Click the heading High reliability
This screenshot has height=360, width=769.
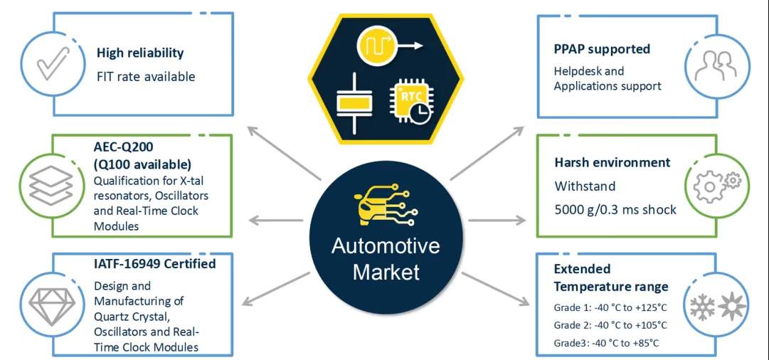click(x=140, y=53)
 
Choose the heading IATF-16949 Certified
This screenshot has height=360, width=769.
click(x=155, y=264)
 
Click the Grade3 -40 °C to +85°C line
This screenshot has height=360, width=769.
click(x=607, y=343)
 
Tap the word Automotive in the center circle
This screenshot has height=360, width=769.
click(x=386, y=247)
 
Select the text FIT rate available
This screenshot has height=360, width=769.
click(x=146, y=76)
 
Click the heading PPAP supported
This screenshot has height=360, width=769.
click(x=602, y=49)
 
